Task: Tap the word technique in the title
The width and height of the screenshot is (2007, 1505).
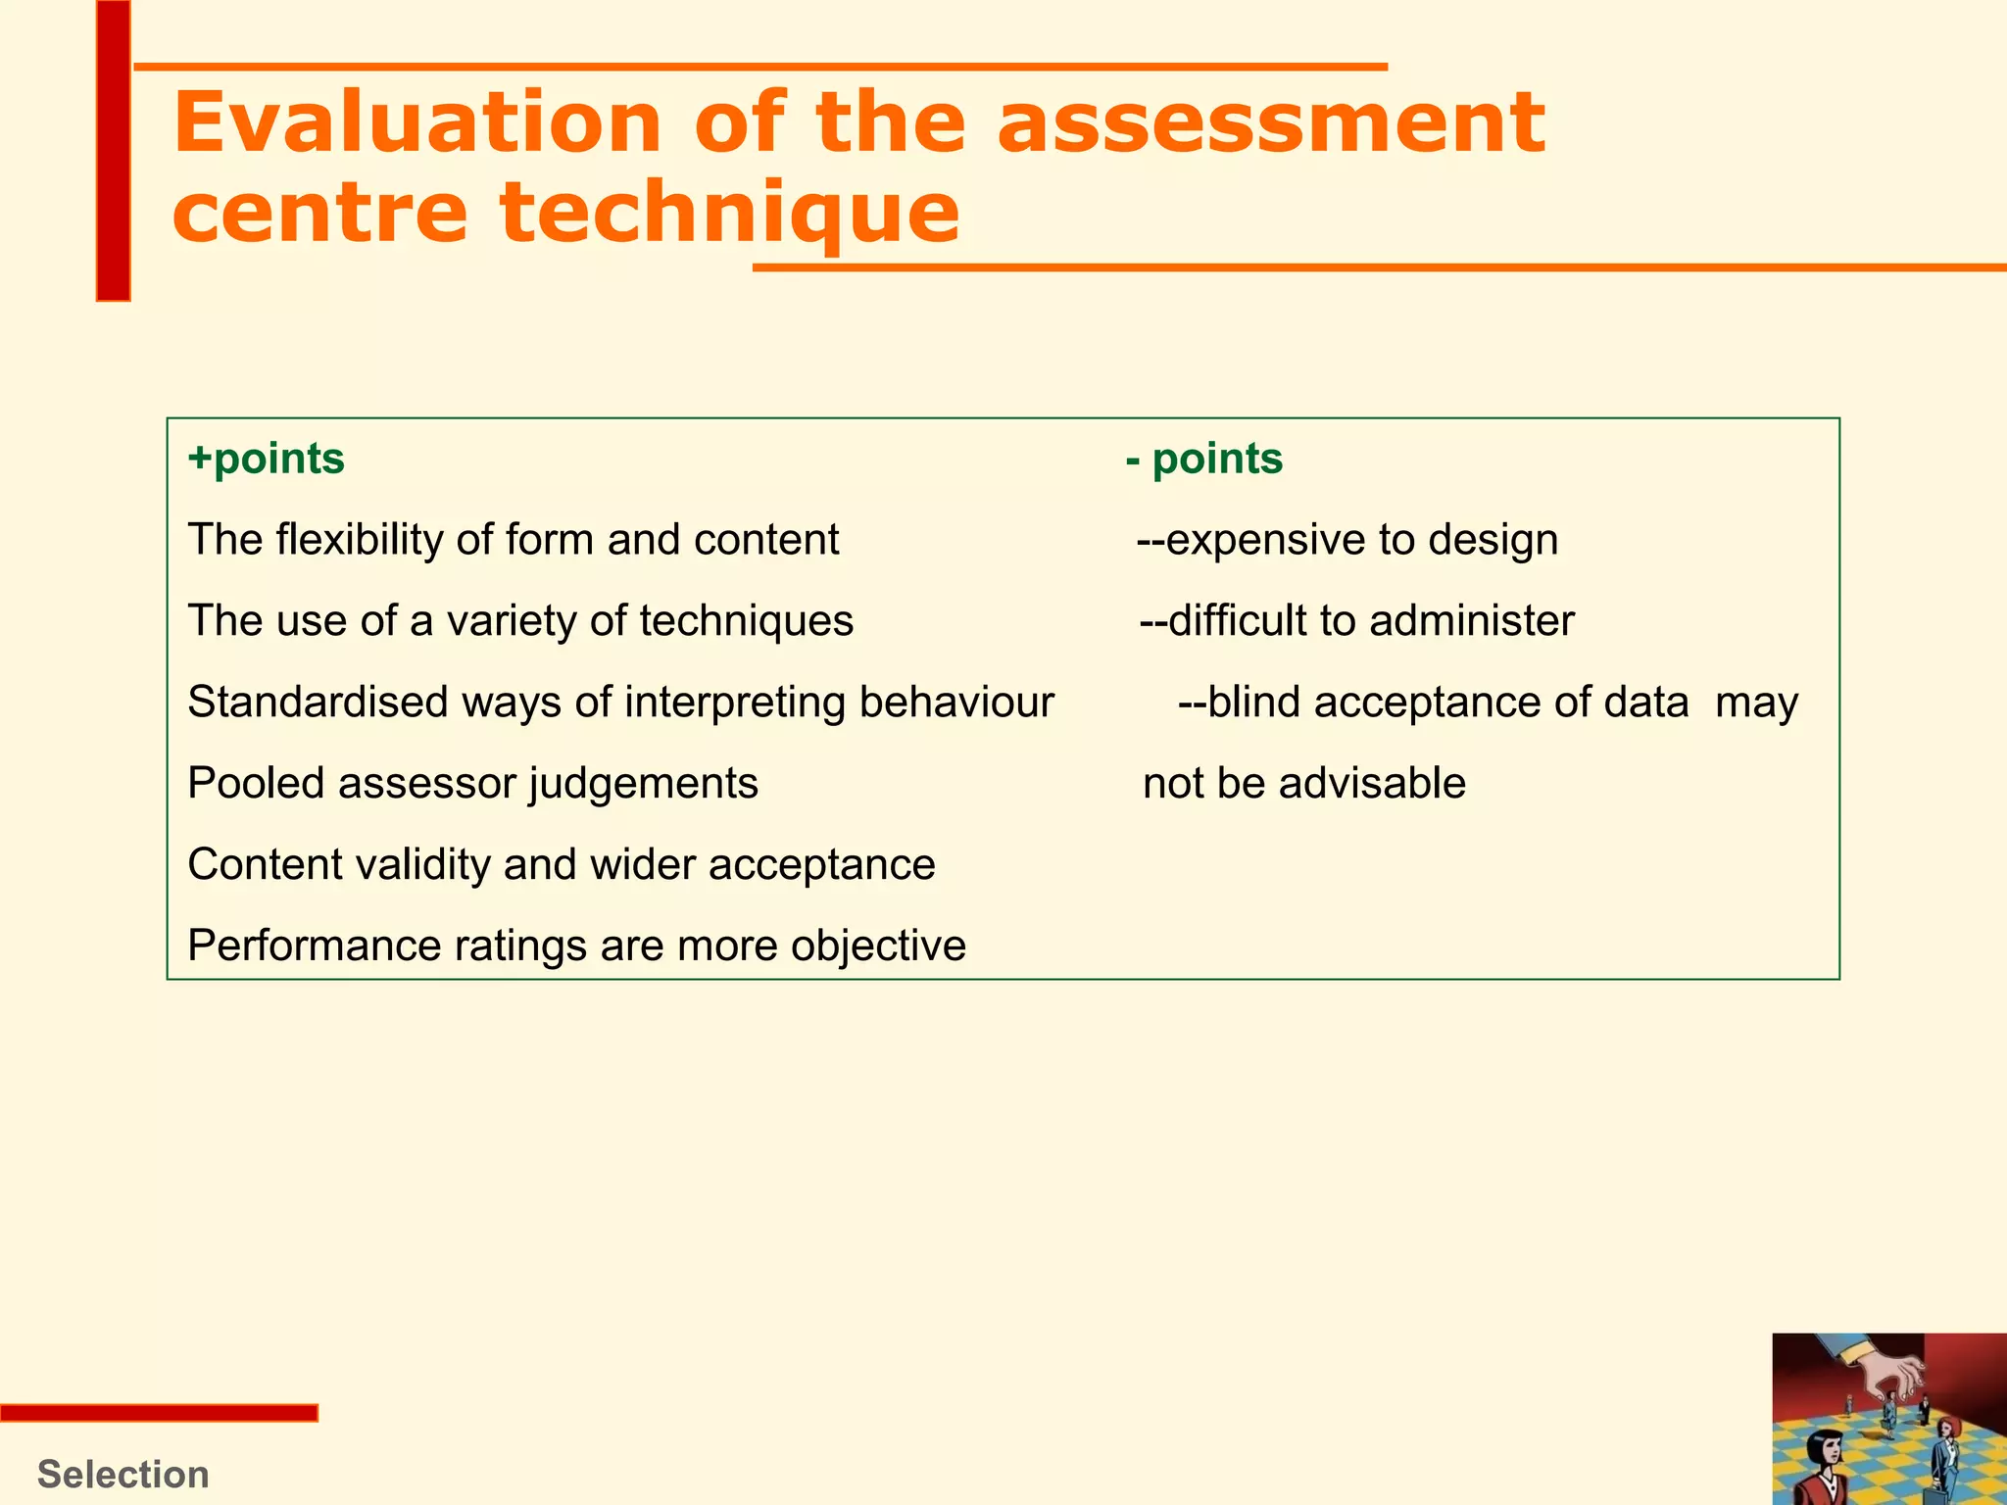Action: [729, 214]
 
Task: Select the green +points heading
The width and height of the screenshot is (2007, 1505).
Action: [267, 459]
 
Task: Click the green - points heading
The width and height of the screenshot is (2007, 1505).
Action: [1204, 459]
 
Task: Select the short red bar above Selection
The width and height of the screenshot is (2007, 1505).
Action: [159, 1413]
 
